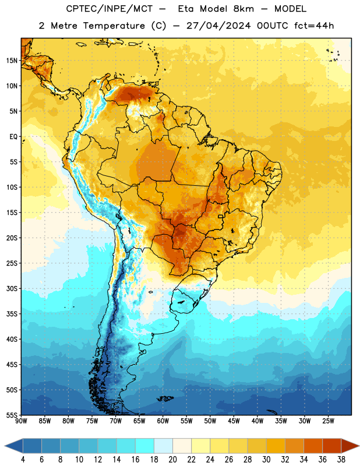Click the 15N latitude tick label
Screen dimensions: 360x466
pos(12,61)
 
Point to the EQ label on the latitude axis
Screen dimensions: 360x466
pos(13,137)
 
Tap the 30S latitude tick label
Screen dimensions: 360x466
pos(12,288)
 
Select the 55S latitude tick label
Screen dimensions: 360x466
pos(12,415)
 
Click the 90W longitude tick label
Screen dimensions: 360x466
pos(21,421)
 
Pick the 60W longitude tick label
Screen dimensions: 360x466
pos(163,421)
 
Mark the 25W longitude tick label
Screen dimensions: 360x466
pos(328,421)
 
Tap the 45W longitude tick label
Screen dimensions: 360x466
pos(234,421)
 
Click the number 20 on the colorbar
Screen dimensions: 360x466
pos(172,460)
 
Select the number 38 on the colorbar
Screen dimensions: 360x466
pos(341,460)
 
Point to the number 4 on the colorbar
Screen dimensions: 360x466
pos(23,460)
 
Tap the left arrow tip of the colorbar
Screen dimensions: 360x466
pos(5,446)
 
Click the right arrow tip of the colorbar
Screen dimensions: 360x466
pos(359,446)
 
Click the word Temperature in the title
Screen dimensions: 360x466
pos(114,26)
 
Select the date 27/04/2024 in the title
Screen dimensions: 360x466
pos(218,26)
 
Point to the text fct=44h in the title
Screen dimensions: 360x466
pos(314,26)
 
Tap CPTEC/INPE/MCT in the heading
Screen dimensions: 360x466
pos(110,9)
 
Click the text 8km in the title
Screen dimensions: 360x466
pos(243,9)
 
